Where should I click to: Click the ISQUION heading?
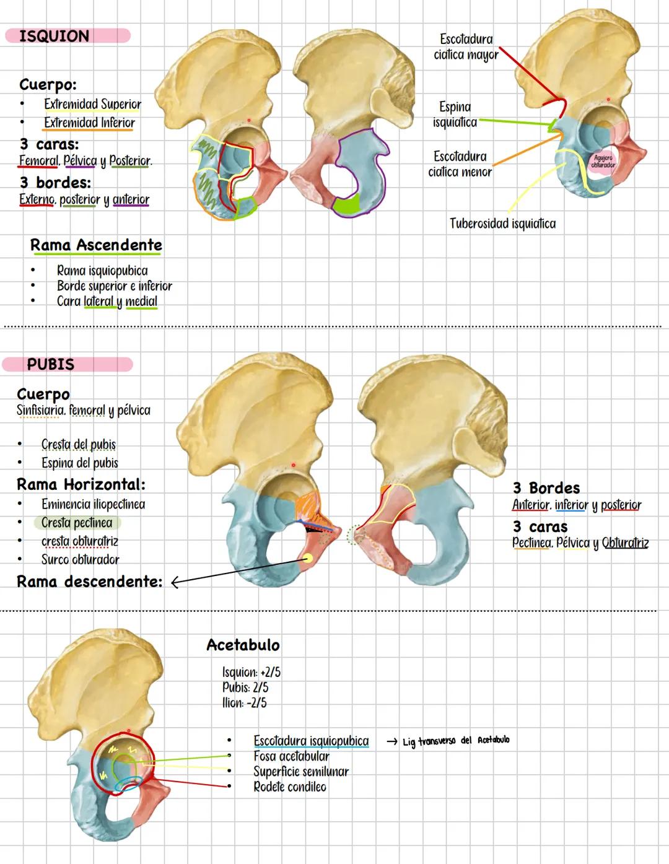click(x=55, y=36)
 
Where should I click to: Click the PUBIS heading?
click(x=51, y=364)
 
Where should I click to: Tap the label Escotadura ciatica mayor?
click(x=466, y=47)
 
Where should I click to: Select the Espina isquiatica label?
click(x=455, y=115)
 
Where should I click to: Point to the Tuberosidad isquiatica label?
click(x=502, y=224)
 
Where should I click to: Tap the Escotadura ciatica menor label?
click(x=460, y=164)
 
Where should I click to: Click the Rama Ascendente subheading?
click(x=96, y=245)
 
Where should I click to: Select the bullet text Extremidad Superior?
click(x=92, y=104)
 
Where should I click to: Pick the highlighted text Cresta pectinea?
click(x=77, y=523)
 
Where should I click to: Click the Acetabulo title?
click(x=243, y=645)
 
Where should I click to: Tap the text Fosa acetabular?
click(x=291, y=756)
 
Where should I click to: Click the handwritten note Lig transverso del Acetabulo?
click(x=456, y=741)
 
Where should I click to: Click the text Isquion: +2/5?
click(x=251, y=673)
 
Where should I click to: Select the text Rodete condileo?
click(x=289, y=787)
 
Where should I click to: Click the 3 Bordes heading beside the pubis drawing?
click(x=546, y=488)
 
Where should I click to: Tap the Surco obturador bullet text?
click(x=80, y=559)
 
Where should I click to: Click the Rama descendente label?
click(x=89, y=582)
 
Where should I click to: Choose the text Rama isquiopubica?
click(x=102, y=271)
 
